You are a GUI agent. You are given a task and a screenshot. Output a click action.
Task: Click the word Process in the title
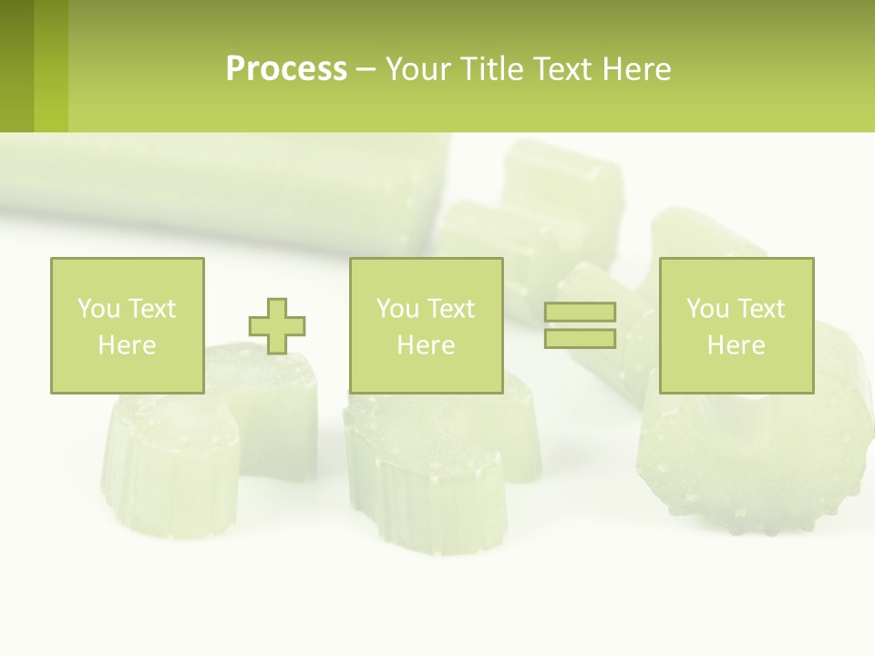coord(286,69)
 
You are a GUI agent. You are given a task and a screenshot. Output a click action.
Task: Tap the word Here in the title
coord(634,69)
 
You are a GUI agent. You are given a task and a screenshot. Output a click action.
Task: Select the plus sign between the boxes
coord(277,325)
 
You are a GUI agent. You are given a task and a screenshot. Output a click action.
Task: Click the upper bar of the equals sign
coord(580,313)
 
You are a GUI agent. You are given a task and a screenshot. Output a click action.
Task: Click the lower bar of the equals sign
coord(580,339)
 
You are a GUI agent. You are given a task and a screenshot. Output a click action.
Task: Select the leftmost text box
coord(127,325)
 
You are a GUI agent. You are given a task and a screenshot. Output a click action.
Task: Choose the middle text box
coord(426,325)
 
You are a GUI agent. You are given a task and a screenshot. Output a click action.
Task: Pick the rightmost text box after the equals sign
coord(736,325)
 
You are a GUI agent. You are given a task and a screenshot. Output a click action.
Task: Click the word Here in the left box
coord(127,345)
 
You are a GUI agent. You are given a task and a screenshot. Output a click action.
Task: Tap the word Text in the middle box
coord(452,309)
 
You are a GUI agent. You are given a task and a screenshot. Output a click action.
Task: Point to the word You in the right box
coord(707,309)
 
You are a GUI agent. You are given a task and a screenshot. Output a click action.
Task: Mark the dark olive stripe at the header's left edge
coord(16,66)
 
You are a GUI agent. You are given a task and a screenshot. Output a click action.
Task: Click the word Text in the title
coord(561,69)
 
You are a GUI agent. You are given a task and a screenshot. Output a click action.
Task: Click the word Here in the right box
coord(736,345)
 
